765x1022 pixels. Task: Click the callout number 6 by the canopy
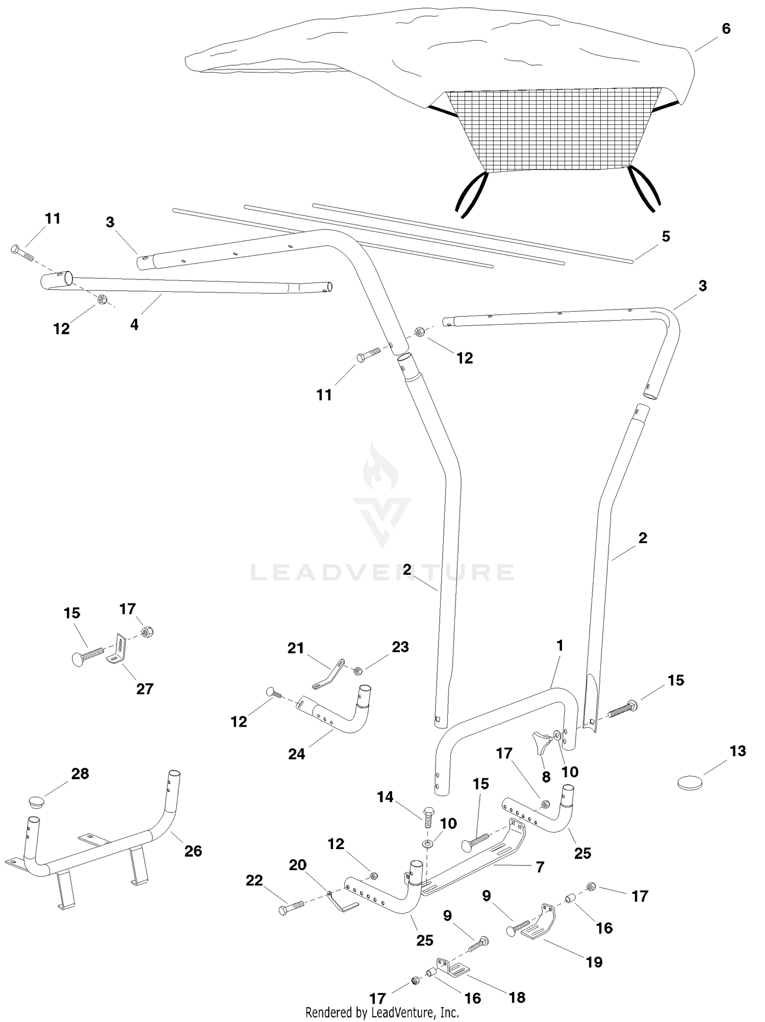point(726,29)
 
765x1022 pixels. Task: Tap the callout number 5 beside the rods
point(666,237)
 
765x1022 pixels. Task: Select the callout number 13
point(738,751)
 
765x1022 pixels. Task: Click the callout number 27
point(145,688)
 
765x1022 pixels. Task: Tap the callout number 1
point(559,645)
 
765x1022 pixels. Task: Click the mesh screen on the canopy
point(553,130)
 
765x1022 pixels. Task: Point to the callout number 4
point(134,324)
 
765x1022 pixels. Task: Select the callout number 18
point(517,997)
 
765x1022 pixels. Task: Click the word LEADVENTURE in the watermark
point(382,572)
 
